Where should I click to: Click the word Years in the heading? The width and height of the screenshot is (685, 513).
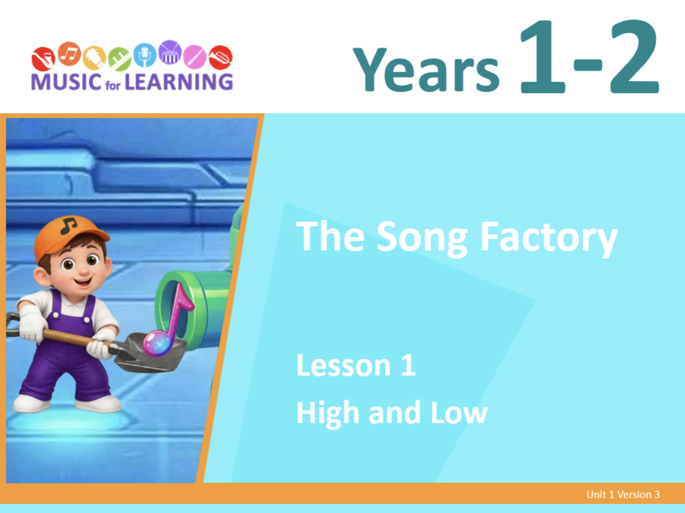[x=426, y=69]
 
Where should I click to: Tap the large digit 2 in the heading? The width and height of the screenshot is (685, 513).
[x=634, y=56]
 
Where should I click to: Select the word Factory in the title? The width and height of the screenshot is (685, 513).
[x=549, y=239]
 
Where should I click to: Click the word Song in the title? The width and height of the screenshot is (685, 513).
[x=422, y=239]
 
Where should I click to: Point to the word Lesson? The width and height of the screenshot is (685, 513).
[x=343, y=365]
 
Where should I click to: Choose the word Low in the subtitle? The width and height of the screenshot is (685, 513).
[x=459, y=412]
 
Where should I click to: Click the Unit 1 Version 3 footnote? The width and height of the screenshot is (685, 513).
[x=623, y=495]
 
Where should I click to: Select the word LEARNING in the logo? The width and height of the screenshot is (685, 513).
[x=179, y=82]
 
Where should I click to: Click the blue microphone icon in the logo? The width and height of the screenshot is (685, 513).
[x=145, y=55]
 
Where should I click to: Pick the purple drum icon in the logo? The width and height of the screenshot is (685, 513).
[x=170, y=52]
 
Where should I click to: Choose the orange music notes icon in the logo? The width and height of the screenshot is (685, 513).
[x=69, y=54]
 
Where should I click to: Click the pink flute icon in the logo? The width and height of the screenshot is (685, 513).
[x=195, y=57]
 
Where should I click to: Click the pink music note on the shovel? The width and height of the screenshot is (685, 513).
[x=168, y=321]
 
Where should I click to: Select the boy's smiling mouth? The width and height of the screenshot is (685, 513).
[x=83, y=282]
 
